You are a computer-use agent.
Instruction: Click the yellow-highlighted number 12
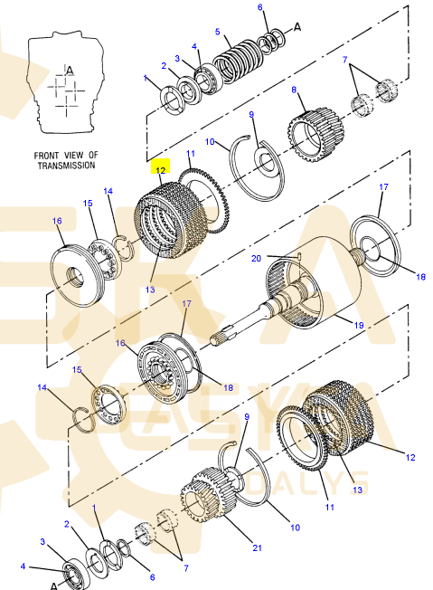click(x=161, y=170)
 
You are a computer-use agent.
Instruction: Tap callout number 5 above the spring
click(x=217, y=32)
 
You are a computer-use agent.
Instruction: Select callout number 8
click(x=294, y=90)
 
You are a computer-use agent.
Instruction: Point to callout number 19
click(x=359, y=325)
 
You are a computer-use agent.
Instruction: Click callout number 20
click(x=256, y=259)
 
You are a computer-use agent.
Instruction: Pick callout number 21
click(x=257, y=547)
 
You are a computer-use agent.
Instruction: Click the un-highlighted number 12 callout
click(x=410, y=457)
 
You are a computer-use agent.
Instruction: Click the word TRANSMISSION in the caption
click(x=67, y=166)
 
